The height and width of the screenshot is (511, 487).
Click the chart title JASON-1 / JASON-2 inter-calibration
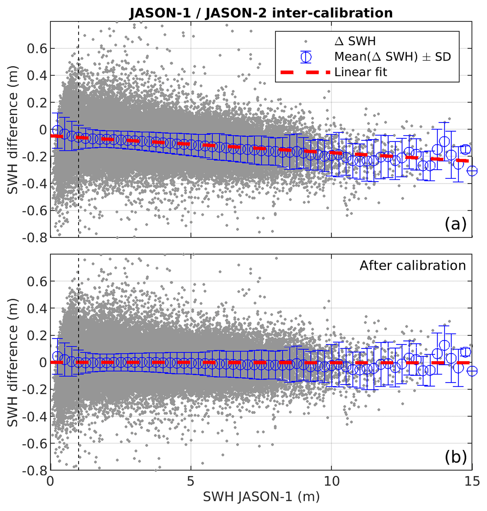(x=261, y=13)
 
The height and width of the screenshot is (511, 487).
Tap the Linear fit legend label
(x=360, y=72)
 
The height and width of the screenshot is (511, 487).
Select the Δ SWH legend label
(x=355, y=41)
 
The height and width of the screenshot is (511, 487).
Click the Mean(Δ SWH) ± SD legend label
(x=392, y=56)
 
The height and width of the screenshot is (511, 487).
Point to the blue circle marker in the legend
(x=306, y=57)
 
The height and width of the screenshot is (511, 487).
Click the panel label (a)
(x=455, y=224)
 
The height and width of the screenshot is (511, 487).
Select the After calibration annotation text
(x=413, y=266)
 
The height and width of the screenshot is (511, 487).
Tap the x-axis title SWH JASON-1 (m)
(x=261, y=496)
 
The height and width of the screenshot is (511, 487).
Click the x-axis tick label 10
(x=331, y=481)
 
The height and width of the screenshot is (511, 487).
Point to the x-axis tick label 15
(x=472, y=481)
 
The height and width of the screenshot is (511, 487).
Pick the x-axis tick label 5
(x=191, y=481)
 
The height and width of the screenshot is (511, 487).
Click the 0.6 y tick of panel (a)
(x=37, y=48)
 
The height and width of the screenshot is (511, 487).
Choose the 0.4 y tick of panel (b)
(x=37, y=309)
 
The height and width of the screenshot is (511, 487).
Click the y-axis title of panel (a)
(x=12, y=130)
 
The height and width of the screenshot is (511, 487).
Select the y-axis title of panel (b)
(x=12, y=362)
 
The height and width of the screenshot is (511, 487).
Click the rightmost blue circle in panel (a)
(x=472, y=171)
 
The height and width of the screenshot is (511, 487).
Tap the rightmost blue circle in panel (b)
(x=472, y=371)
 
